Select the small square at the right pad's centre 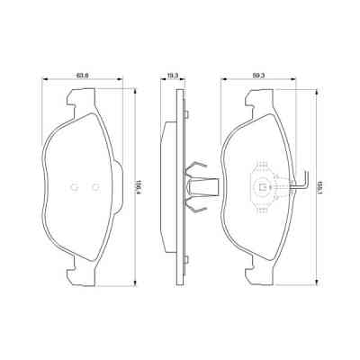(x=263, y=188)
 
